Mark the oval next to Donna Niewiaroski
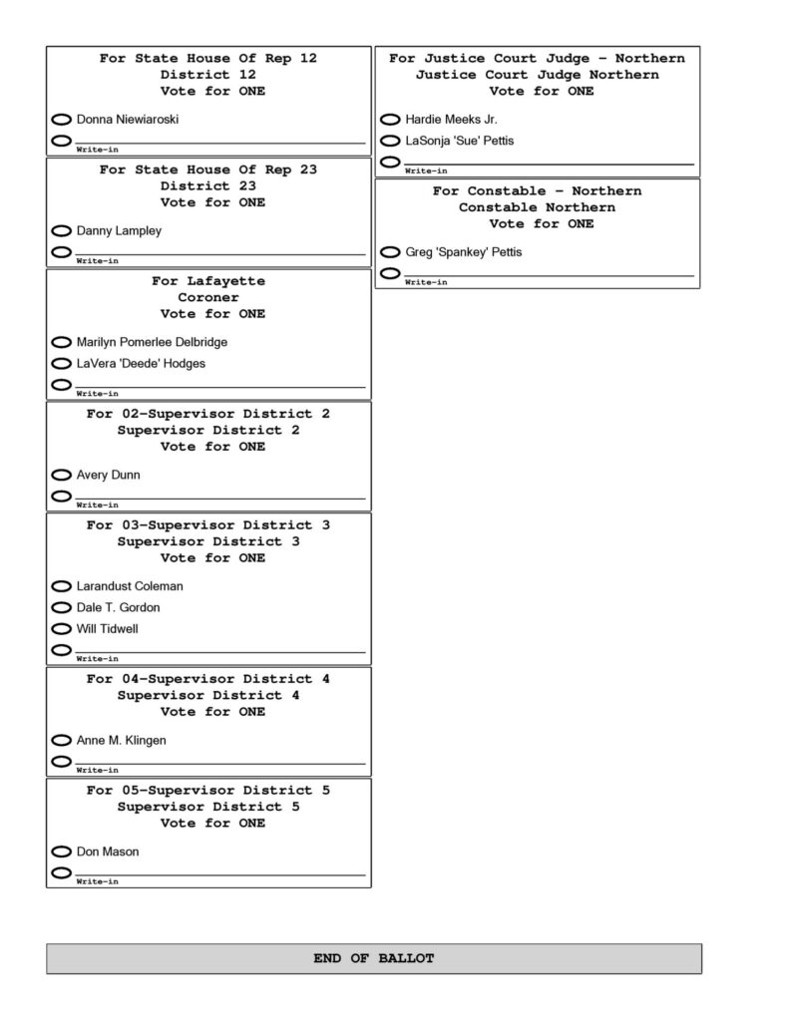(x=62, y=120)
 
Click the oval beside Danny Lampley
(x=62, y=231)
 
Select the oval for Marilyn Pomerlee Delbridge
(x=62, y=342)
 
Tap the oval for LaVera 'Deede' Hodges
(x=62, y=364)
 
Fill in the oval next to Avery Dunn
(x=62, y=475)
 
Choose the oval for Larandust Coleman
(x=62, y=586)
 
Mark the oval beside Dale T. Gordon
(x=62, y=607)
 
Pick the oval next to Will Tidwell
(x=62, y=629)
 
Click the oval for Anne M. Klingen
(x=62, y=741)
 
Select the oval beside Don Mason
(x=62, y=851)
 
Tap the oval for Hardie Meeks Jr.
(x=391, y=120)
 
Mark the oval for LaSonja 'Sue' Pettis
(x=391, y=141)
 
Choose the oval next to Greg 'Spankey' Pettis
(x=391, y=252)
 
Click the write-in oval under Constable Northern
(x=391, y=273)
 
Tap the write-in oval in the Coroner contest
(x=62, y=385)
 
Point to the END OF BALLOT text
(x=374, y=958)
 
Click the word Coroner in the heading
(x=208, y=297)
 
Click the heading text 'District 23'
(x=208, y=186)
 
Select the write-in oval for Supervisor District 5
(x=62, y=873)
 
